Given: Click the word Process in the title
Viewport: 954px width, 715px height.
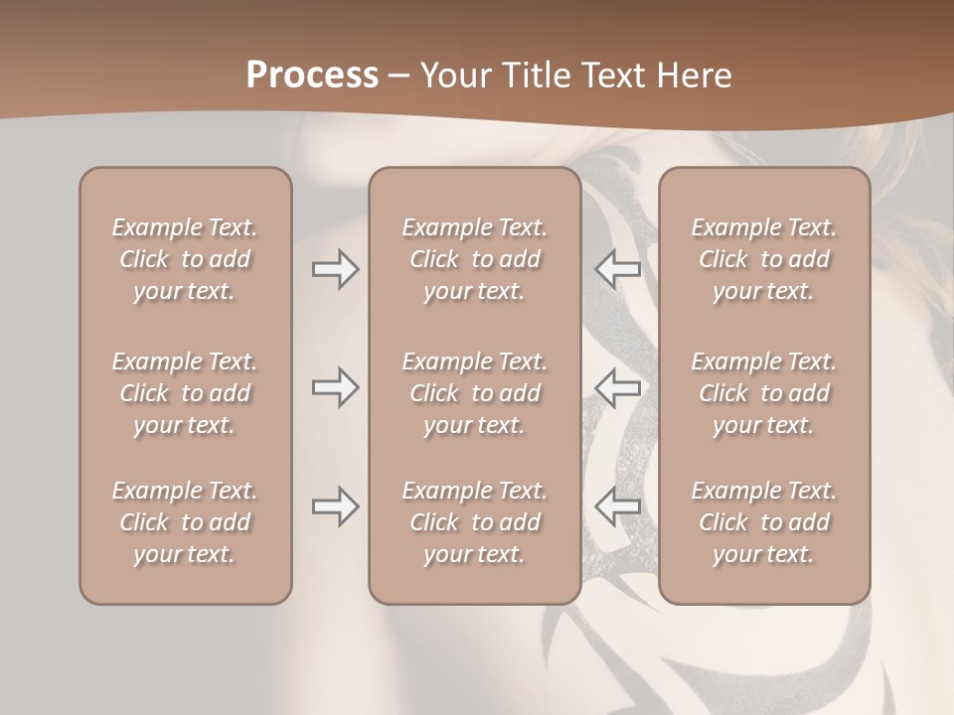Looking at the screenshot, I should click(312, 75).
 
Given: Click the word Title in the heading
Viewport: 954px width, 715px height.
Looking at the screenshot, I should click(533, 75).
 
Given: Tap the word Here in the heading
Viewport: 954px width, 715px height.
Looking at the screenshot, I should click(695, 75).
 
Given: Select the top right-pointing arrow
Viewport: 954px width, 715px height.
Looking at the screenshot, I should click(336, 269).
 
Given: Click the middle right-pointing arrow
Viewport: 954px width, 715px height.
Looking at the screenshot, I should click(336, 387).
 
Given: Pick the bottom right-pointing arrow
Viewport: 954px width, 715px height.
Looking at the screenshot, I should click(336, 507).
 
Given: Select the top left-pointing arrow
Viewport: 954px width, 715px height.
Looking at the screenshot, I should click(617, 269).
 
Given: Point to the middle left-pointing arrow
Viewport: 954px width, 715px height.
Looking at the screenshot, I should click(617, 387).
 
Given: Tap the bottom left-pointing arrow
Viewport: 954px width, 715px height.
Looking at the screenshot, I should click(617, 507).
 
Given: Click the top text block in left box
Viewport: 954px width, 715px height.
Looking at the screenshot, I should click(185, 259).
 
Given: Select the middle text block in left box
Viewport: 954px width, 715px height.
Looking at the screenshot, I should click(185, 393).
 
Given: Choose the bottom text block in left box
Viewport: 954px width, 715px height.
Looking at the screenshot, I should click(185, 522).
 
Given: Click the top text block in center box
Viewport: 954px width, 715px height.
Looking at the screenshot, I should click(475, 259).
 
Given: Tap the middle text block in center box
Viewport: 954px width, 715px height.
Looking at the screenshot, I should click(475, 393).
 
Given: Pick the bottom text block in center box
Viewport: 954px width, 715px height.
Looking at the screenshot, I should click(475, 522).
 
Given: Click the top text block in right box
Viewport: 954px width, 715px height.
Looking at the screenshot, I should click(764, 259).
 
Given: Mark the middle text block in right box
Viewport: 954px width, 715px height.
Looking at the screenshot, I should click(764, 393).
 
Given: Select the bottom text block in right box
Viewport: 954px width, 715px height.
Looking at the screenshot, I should click(764, 522).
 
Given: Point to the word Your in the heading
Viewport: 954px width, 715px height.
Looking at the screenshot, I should click(455, 75).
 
